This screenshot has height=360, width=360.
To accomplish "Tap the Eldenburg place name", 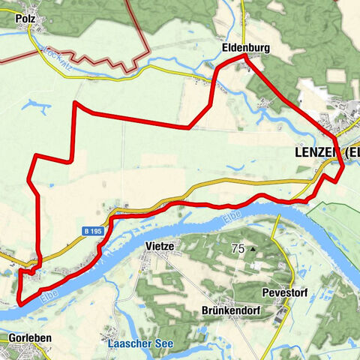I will [x=245, y=47].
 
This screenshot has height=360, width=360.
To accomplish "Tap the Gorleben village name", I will [x=30, y=338].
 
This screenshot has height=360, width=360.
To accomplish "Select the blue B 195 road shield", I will [x=91, y=232].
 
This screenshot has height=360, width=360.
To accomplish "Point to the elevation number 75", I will [x=238, y=248].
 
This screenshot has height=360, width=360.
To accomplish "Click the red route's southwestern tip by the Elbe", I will [x=19, y=303].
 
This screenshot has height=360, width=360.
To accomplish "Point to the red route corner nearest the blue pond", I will [x=75, y=103].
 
